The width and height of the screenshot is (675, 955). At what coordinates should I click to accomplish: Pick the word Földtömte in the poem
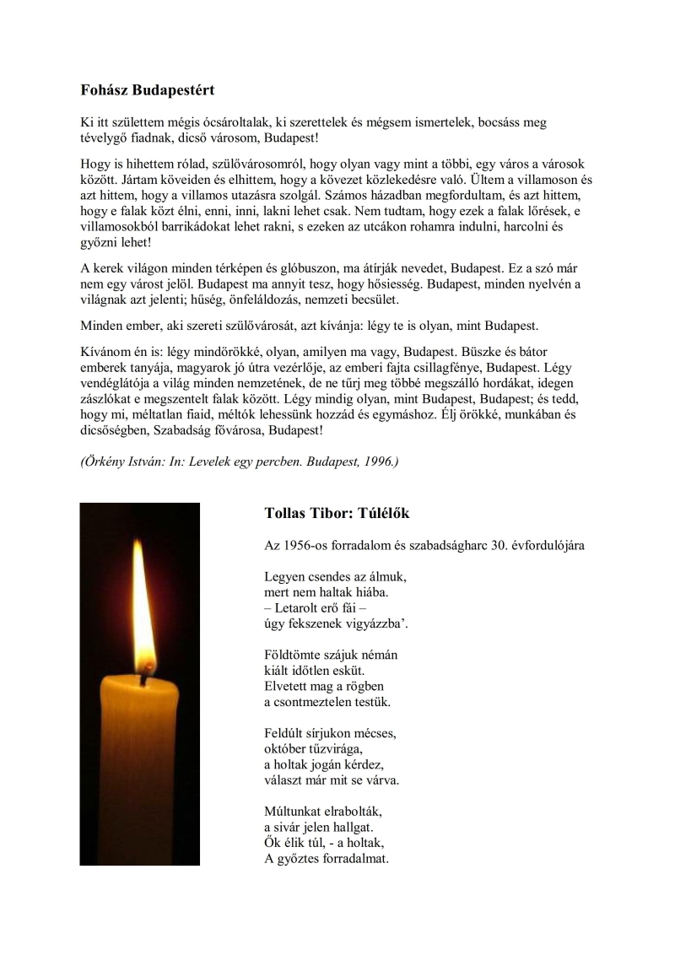click(292, 654)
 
